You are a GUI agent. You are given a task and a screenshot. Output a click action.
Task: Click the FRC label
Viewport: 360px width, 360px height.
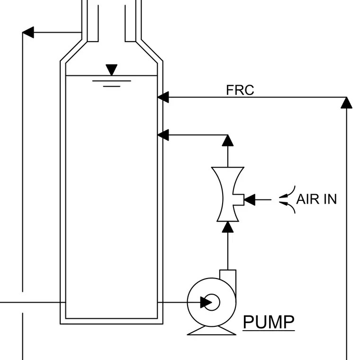click(x=240, y=90)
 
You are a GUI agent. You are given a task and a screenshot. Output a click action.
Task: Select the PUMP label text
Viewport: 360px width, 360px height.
click(x=269, y=322)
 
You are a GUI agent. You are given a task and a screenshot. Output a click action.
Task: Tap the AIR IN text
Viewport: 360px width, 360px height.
click(x=316, y=199)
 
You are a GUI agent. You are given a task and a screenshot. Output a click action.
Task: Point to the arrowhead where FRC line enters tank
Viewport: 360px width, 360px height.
click(x=163, y=97)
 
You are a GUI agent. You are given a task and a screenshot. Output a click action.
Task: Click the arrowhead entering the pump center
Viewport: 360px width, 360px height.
click(x=206, y=302)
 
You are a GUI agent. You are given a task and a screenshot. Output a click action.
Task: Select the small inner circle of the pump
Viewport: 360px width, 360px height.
click(x=212, y=302)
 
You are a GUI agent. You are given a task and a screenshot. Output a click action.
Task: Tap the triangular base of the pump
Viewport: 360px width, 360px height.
click(x=212, y=331)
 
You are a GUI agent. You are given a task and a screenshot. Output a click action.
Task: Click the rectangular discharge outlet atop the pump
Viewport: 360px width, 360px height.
click(x=228, y=278)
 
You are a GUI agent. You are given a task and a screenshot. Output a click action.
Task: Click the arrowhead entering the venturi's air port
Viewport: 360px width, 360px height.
click(x=250, y=199)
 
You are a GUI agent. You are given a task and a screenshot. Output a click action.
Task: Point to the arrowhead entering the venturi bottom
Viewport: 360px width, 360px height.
click(x=228, y=227)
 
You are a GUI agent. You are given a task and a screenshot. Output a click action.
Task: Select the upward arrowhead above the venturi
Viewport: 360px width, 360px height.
click(x=228, y=141)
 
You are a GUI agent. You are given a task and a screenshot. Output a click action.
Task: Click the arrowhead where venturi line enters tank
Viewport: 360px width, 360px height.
click(x=163, y=135)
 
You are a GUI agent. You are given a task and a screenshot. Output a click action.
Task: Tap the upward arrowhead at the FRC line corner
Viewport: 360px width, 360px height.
click(x=346, y=103)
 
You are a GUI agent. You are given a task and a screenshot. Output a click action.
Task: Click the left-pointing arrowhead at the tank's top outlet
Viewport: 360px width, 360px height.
click(x=28, y=32)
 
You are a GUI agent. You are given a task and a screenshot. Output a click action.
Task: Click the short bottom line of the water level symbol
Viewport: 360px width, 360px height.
click(x=112, y=87)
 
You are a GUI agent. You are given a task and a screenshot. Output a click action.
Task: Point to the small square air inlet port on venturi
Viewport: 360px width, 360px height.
click(x=239, y=199)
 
